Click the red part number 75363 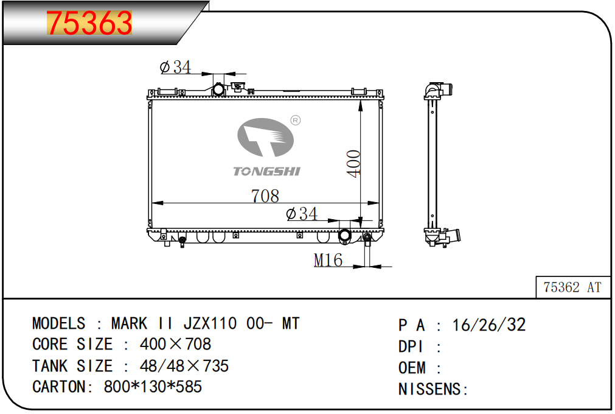point(89,23)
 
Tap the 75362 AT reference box point(572,287)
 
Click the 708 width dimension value point(265,196)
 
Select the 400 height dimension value point(354,164)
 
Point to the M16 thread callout point(328,260)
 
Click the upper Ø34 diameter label point(175,67)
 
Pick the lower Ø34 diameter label point(302,214)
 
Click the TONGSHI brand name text point(266,172)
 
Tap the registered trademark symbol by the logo point(296,120)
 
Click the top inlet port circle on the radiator point(218,90)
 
